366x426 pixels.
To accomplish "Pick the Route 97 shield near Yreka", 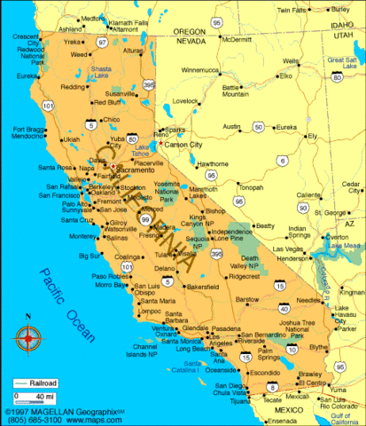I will (102, 42).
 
